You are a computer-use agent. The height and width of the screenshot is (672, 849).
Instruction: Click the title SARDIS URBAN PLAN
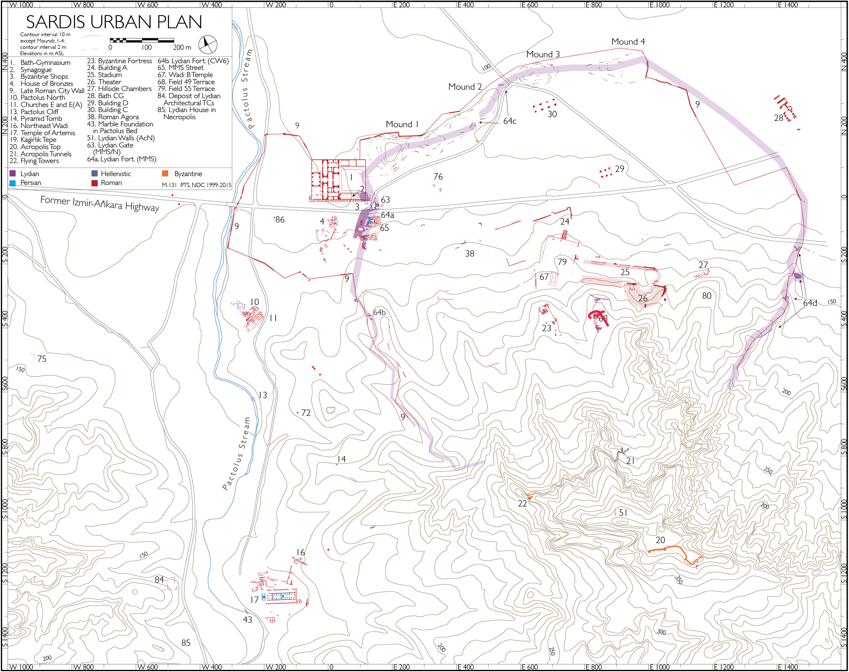(114, 22)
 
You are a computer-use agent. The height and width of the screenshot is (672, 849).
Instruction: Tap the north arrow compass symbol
(207, 44)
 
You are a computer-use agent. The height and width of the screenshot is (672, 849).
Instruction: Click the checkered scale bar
(142, 40)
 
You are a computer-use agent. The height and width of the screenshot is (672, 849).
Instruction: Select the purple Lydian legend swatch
(13, 174)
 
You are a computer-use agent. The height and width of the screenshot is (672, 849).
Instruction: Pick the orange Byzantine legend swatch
(165, 174)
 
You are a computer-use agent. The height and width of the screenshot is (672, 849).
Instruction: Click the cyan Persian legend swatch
(13, 183)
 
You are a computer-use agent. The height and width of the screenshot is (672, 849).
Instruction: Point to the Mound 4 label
(628, 42)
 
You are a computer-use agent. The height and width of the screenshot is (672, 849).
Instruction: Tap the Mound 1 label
(402, 124)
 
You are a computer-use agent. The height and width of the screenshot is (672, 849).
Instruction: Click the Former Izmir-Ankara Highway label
(99, 203)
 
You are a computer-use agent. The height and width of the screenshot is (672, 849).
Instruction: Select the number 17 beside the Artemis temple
(254, 600)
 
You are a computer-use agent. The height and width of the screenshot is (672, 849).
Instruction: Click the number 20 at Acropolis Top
(660, 540)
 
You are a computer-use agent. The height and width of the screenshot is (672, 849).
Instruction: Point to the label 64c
(510, 121)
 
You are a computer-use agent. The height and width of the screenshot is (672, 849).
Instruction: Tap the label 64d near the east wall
(810, 303)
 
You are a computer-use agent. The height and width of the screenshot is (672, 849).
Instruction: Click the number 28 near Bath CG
(778, 118)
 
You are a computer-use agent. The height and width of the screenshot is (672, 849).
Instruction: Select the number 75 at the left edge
(42, 359)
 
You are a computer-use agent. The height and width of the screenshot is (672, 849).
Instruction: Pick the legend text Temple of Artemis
(48, 133)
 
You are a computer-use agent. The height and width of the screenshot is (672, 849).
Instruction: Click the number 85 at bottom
(186, 643)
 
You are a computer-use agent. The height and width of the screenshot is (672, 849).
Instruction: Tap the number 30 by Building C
(552, 114)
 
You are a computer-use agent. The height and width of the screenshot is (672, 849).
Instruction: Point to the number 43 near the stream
(247, 620)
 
